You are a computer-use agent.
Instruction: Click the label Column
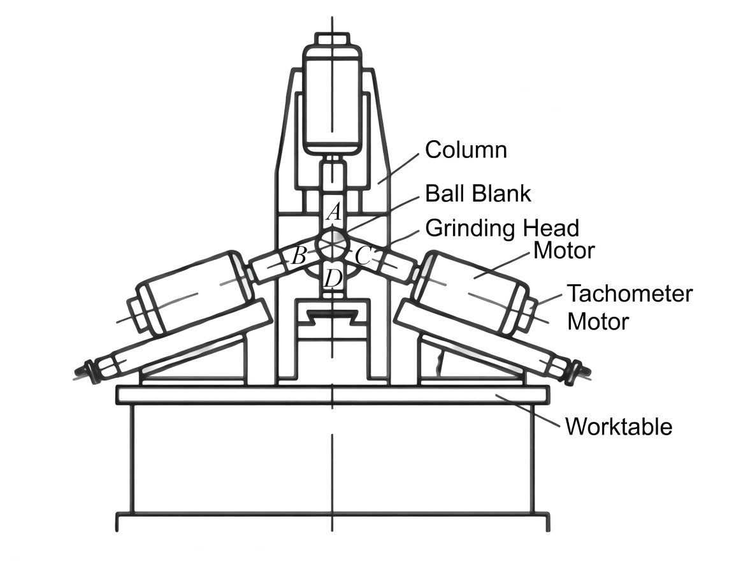466,150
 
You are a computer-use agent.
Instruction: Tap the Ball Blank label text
478,193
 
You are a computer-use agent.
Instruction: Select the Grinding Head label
502,228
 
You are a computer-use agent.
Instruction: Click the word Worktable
619,426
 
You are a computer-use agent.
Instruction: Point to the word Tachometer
630,294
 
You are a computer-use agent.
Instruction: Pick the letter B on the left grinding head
298,257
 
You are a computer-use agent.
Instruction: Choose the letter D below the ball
333,278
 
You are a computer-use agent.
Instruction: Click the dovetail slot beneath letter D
332,315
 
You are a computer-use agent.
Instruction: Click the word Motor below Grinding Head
564,250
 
